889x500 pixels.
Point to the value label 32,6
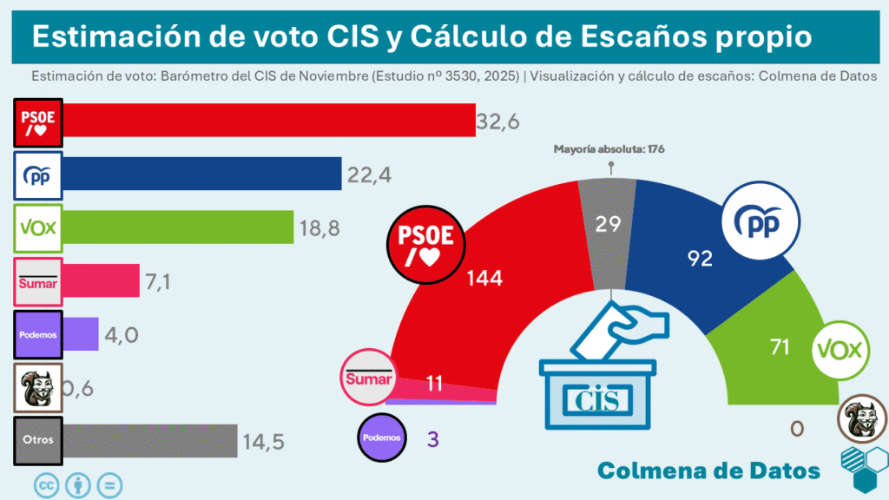coord(498,122)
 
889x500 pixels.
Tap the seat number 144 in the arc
coord(484,278)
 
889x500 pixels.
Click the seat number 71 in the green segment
coord(779,347)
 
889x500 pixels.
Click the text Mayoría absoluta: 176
coord(609,149)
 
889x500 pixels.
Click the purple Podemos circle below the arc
coord(382,437)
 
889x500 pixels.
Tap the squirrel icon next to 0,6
coord(38,386)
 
